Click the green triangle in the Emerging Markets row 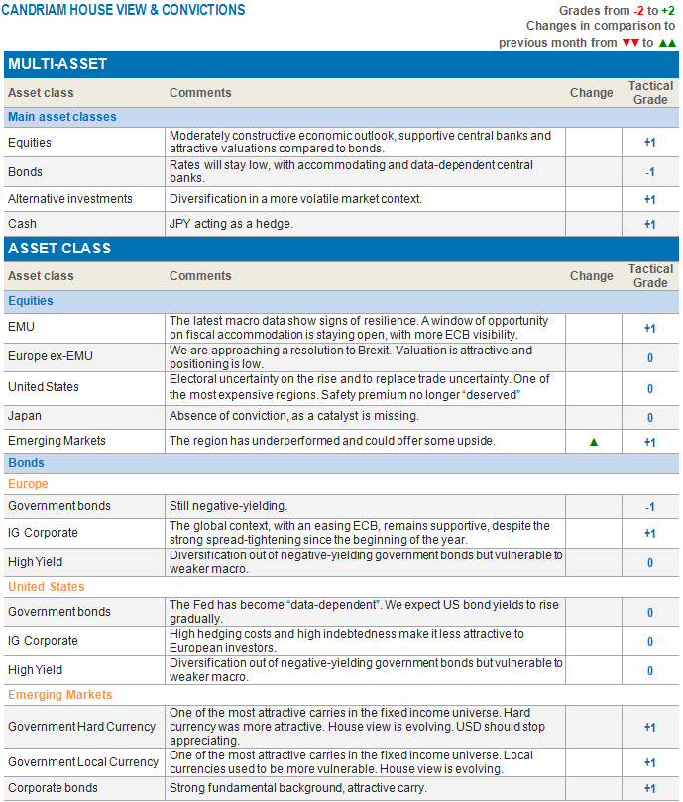594,442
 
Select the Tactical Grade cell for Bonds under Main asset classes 650,171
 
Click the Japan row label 26,417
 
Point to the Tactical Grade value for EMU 650,328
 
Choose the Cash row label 23,224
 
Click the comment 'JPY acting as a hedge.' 231,224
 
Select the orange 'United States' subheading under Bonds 46,587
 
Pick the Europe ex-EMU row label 51,356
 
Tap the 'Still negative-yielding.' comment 229,506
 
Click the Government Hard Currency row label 81,727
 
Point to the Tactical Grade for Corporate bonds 650,789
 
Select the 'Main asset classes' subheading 62,117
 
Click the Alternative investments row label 69,199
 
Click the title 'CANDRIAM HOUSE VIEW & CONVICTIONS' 123,10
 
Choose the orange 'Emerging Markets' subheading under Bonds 60,695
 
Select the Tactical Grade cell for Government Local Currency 650,762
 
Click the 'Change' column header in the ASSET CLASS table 592,276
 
